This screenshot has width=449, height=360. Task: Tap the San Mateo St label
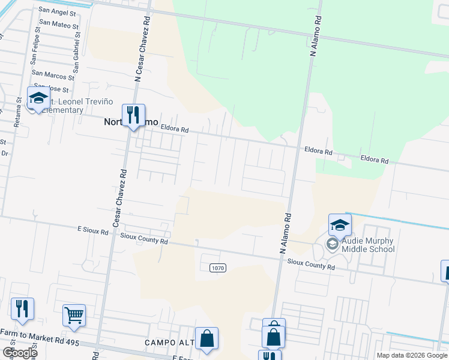(x=59, y=26)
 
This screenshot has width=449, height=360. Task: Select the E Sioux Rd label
(x=92, y=230)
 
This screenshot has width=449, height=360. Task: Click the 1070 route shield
(x=218, y=268)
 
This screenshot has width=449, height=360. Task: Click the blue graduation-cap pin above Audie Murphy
(x=340, y=226)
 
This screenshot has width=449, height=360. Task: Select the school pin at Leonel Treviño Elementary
(x=38, y=98)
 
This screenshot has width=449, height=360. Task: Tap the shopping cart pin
(x=74, y=315)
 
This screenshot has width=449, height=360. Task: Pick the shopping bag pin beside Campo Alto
(x=206, y=338)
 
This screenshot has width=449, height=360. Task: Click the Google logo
(x=20, y=353)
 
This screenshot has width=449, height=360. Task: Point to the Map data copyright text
(x=411, y=355)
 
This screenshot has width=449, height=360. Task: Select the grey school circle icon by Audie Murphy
(x=332, y=244)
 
